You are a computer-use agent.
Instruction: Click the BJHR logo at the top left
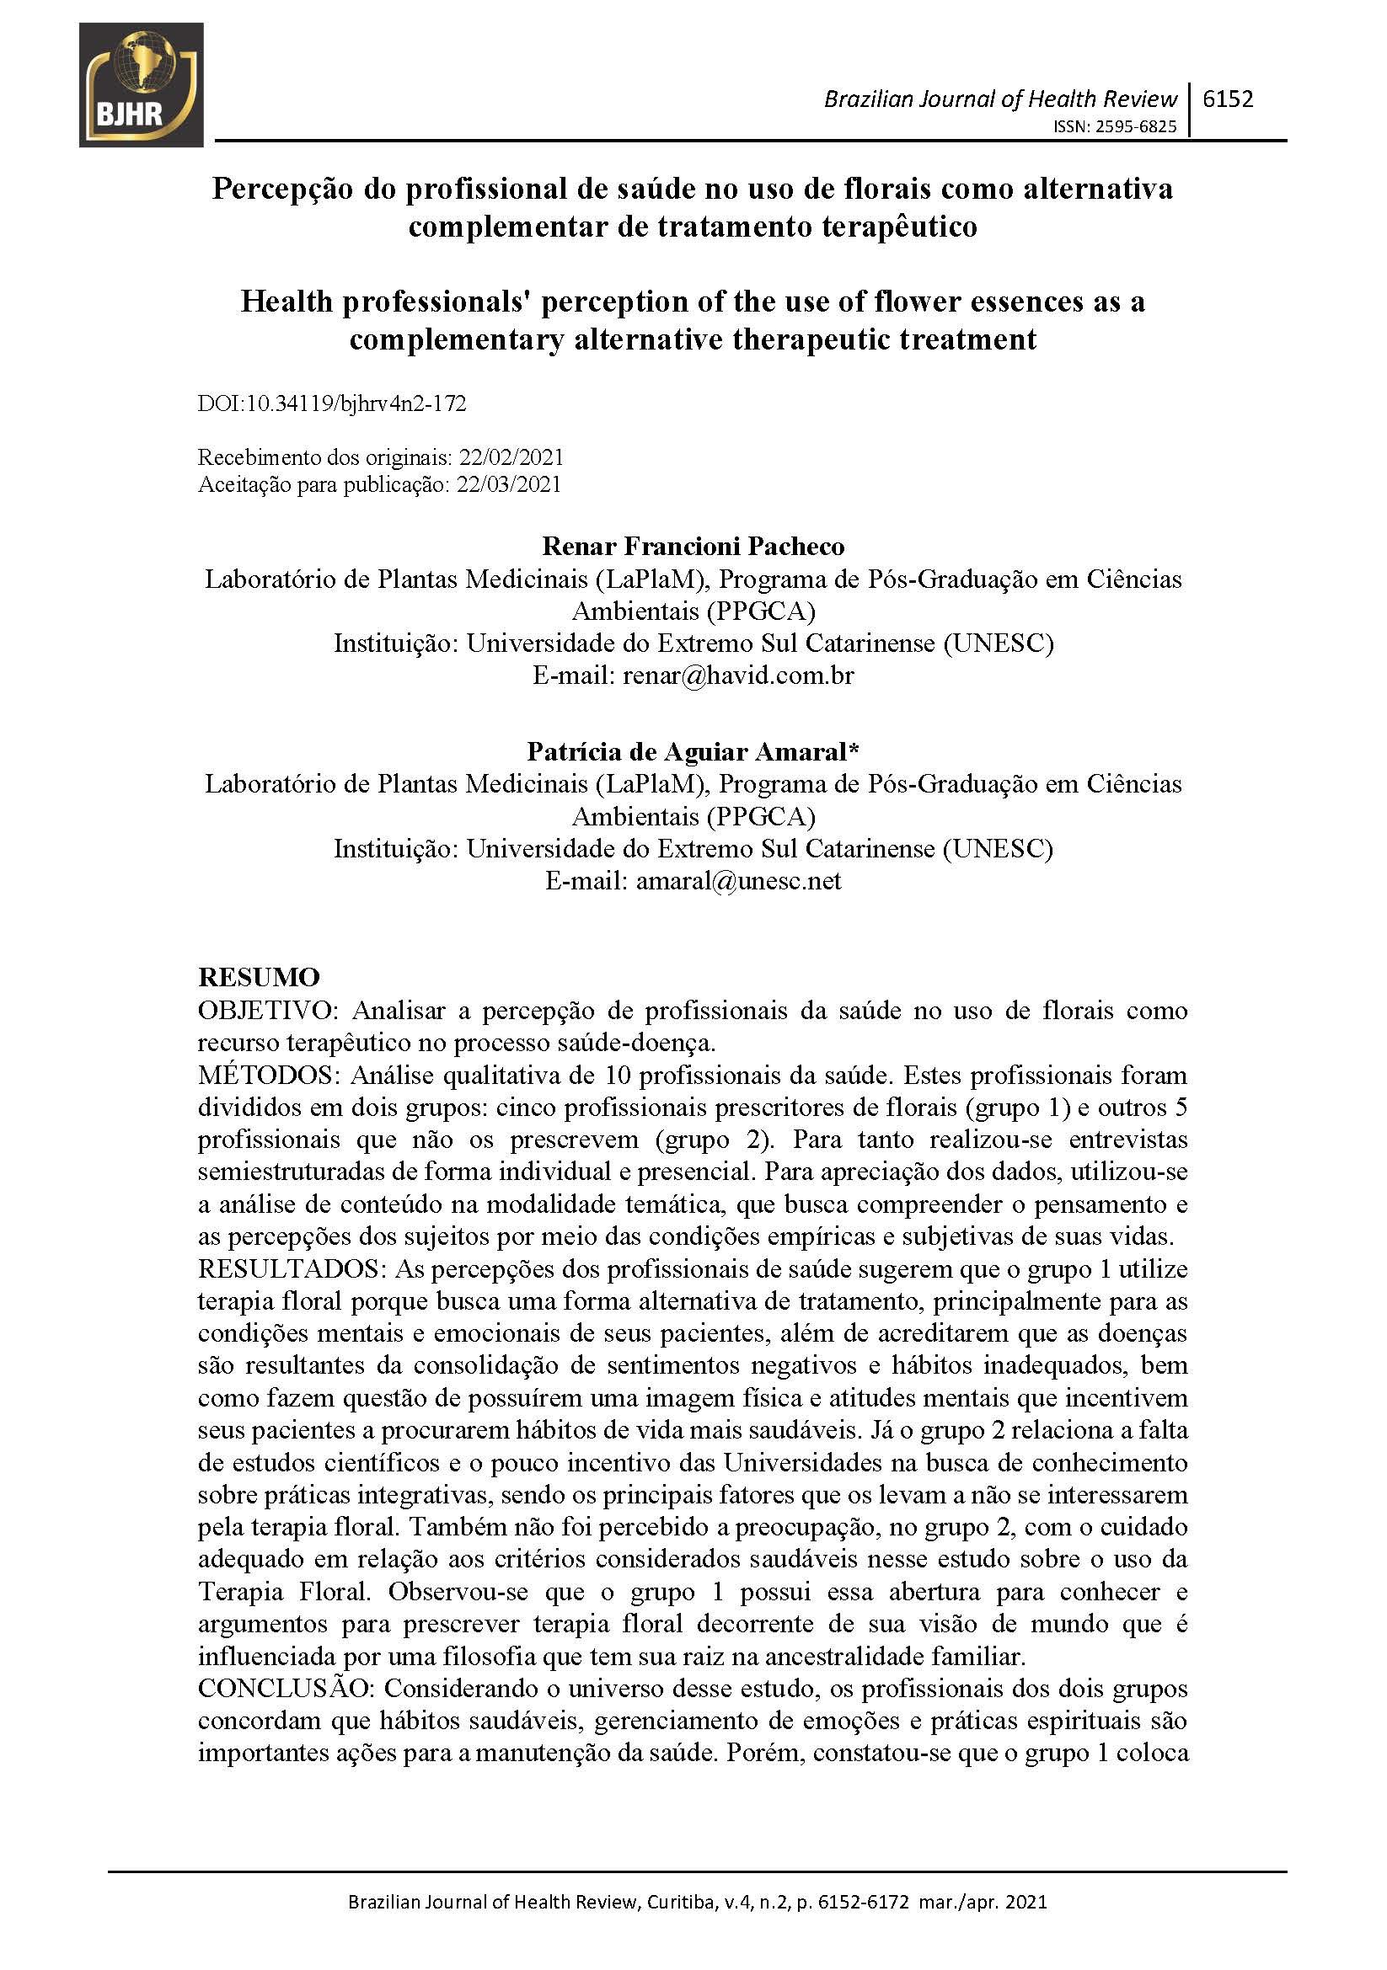point(141,85)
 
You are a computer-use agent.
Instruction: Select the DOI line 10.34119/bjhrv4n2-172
point(332,403)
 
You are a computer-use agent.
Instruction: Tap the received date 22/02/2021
point(511,456)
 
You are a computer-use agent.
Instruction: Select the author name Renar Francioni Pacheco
point(693,546)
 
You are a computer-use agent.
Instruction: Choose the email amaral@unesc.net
point(738,880)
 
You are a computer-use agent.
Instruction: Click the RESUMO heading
point(259,977)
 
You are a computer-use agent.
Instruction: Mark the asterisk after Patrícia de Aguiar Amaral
point(853,749)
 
